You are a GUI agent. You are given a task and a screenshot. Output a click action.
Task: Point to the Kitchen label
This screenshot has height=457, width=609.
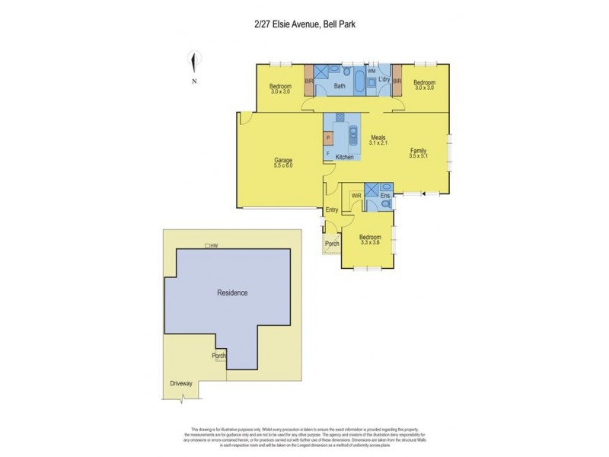click(x=345, y=156)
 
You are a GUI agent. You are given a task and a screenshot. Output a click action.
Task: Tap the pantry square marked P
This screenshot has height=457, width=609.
click(x=328, y=139)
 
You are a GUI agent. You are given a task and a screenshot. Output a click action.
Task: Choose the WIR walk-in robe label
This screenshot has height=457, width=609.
click(x=356, y=196)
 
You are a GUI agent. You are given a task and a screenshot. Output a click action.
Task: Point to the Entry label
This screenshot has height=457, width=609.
click(x=332, y=209)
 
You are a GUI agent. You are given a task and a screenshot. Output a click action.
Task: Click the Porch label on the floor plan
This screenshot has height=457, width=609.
click(x=331, y=244)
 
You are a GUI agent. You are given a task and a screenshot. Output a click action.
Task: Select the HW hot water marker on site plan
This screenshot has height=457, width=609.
click(x=214, y=245)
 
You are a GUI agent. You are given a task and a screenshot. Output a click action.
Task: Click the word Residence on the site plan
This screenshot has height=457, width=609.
click(x=233, y=292)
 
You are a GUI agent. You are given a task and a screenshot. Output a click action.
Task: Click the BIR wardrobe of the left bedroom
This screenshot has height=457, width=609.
click(x=309, y=82)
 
